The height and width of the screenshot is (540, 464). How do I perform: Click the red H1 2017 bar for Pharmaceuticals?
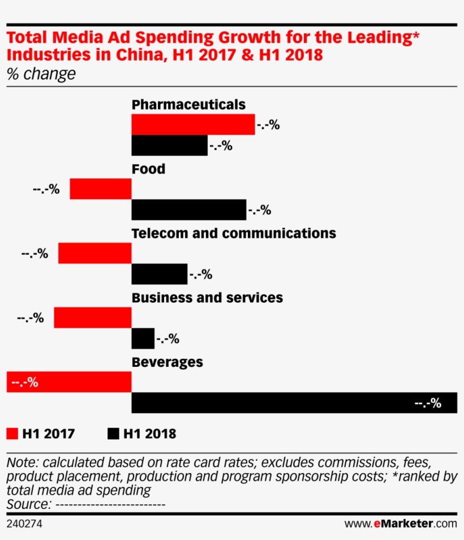coord(193,125)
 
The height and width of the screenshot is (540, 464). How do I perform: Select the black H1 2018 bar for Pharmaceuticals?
coord(169,145)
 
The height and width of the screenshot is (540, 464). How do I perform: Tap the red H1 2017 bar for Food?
coord(101,189)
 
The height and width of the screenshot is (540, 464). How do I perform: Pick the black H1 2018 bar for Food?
coord(188,210)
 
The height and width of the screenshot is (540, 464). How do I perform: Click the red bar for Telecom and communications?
coord(95,254)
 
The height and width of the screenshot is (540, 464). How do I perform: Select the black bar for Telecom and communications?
coord(159,275)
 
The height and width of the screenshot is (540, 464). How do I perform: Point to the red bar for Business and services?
coord(93,318)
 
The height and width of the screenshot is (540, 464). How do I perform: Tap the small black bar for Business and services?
coord(143,339)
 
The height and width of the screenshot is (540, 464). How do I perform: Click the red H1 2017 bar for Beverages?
coord(69,382)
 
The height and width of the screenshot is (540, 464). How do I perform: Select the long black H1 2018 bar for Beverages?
coord(294,403)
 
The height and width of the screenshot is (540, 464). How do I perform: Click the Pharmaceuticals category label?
coord(188,105)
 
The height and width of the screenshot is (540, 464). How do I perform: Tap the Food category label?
coord(148,169)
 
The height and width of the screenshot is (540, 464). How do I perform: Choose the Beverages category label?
coord(167,362)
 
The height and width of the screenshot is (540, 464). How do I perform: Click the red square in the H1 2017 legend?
coord(12,434)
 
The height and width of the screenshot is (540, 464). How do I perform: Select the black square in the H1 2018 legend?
coord(113,434)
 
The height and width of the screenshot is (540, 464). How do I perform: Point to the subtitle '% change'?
coord(40,74)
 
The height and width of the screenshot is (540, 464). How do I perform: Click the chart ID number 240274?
coord(24,524)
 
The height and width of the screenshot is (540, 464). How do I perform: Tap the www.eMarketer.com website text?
coord(400,524)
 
